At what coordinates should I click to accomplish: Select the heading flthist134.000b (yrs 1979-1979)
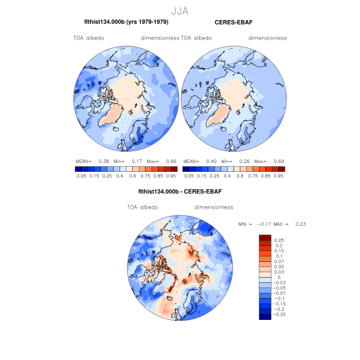pos(126,23)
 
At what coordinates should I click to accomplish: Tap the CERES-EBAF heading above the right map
pos(233,23)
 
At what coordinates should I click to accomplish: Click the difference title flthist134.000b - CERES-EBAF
pos(180,192)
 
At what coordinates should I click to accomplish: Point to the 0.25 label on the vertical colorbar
pos(279,240)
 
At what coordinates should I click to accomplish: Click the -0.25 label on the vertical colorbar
pos(281,314)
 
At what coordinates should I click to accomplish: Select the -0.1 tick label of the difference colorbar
pos(280,298)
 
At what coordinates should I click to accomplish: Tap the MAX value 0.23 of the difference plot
pos(300,224)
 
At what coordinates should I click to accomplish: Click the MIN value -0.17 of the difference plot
pos(260,224)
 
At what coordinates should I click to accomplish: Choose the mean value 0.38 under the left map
pos(103,161)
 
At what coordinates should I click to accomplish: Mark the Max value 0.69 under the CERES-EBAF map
pos(278,161)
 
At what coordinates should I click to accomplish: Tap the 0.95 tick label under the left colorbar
pos(171,176)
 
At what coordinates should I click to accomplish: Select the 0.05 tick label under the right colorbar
pos(189,176)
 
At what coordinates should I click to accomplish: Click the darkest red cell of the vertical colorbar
pos(265,237)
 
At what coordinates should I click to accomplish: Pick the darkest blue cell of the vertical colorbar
pos(265,317)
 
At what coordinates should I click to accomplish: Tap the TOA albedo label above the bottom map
pos(142,207)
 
